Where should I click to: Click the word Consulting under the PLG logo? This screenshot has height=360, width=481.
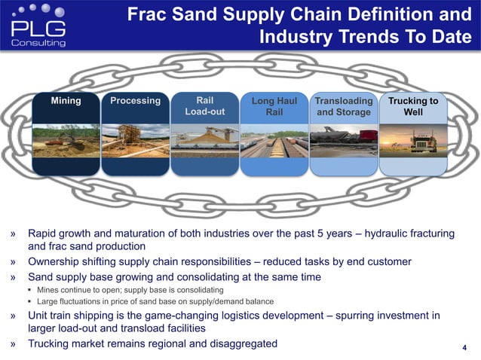pyautogui.click(x=39, y=44)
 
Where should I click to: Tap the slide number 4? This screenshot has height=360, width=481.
pyautogui.click(x=464, y=347)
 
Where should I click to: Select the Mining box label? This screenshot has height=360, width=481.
pyautogui.click(x=66, y=100)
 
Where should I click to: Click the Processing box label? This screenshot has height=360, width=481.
pyautogui.click(x=135, y=100)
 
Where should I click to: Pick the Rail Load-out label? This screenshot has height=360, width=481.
pyautogui.click(x=204, y=106)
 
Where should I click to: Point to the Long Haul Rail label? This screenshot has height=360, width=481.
pyautogui.click(x=274, y=106)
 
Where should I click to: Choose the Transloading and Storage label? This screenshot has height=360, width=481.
pyautogui.click(x=344, y=106)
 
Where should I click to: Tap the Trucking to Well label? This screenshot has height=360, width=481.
pyautogui.click(x=412, y=106)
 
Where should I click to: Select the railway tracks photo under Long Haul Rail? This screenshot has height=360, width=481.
pyautogui.click(x=274, y=142)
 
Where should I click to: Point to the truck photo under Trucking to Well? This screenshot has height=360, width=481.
pyautogui.click(x=412, y=142)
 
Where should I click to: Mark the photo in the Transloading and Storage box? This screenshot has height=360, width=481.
pyautogui.click(x=344, y=142)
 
